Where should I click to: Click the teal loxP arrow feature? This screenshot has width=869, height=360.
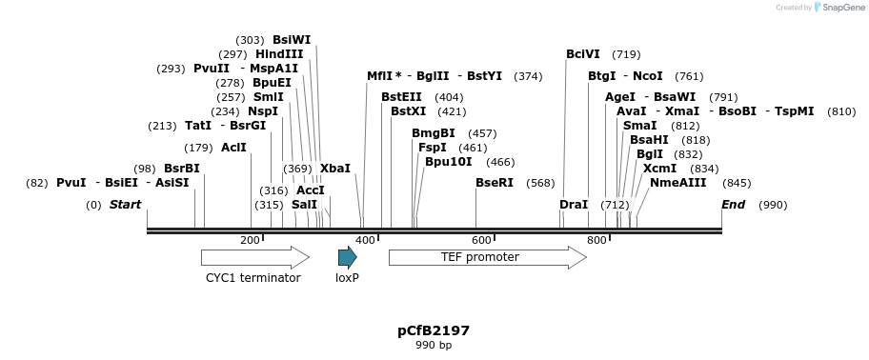pos(347,257)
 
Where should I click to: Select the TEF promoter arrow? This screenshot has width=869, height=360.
pos(487,257)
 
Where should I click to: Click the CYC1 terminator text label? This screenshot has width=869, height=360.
pos(253,278)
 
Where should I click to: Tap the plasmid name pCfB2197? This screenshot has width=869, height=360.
pos(434,331)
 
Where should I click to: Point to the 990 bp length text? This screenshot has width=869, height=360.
pos(434,346)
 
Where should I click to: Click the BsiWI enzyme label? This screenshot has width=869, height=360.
pos(292,40)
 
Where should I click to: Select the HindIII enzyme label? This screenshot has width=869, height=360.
pos(279,54)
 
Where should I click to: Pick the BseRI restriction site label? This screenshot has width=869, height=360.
pos(495,183)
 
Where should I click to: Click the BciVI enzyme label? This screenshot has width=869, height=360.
pos(583,54)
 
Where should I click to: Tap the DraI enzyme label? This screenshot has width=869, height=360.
pos(574,205)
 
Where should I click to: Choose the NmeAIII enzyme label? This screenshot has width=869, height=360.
pos(678,183)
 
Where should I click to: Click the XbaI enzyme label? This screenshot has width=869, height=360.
pos(335,169)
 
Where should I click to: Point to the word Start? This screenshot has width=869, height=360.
pos(125,205)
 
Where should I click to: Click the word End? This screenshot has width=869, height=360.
pos(734,205)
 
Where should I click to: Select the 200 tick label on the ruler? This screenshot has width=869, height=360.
pos(250,241)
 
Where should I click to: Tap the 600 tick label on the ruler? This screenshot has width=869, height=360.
pos(481,241)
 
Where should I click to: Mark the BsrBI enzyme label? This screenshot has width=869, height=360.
pos(182,169)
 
